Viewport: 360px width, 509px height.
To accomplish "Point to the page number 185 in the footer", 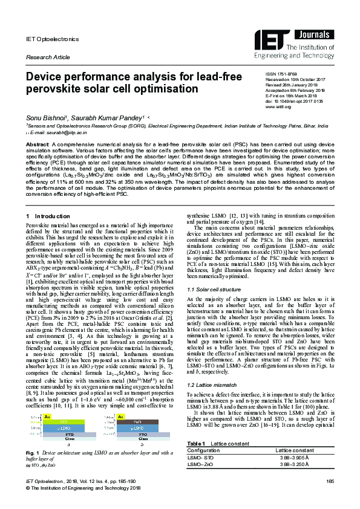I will click(330, 497).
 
